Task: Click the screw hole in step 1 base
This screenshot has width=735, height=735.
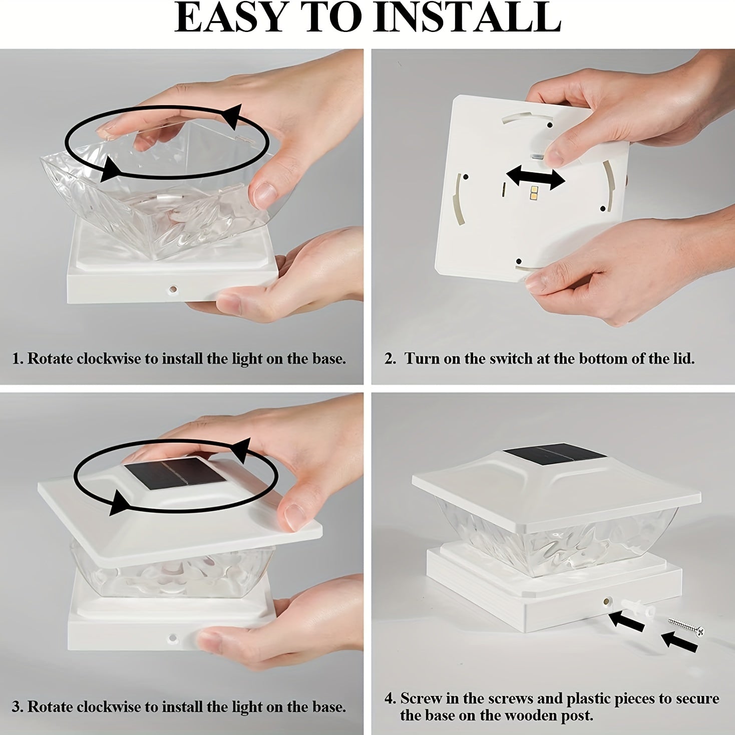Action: [x=174, y=289]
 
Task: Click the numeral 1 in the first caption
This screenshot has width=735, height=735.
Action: [x=16, y=359]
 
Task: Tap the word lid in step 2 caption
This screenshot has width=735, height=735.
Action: [x=681, y=358]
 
